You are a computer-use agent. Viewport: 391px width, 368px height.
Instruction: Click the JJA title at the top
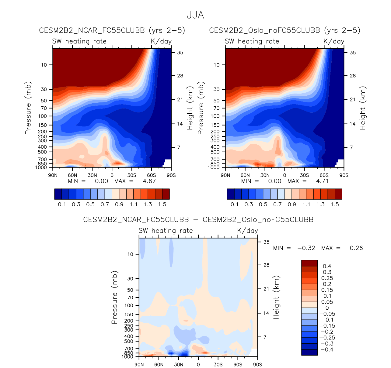tap(195, 15)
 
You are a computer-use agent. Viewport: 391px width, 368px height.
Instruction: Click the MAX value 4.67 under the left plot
tap(149, 181)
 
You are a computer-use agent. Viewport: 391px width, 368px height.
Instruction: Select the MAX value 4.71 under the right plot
tap(322, 181)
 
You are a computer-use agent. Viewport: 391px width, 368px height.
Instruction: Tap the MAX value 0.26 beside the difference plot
tap(356, 248)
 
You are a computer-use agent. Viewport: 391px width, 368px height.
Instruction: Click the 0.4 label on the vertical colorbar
tap(327, 266)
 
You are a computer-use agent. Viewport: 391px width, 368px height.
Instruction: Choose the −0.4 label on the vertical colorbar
tap(327, 349)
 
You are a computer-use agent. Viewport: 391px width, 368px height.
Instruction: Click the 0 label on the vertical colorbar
tap(327, 308)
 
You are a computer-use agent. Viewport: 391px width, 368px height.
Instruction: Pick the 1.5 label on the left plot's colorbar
tap(162, 204)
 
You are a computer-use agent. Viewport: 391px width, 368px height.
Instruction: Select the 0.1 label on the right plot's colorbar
tap(235, 204)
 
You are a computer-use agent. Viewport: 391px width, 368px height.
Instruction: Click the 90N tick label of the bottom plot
tap(139, 364)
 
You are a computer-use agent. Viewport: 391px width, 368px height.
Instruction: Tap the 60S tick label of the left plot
tap(152, 175)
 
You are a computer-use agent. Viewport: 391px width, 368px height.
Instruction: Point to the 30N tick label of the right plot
tap(265, 175)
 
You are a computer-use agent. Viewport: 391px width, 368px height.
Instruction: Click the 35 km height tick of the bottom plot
tap(266, 242)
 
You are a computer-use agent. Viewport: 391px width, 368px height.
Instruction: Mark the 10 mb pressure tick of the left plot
tap(44, 65)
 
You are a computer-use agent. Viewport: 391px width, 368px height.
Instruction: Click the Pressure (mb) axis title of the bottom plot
tap(114, 297)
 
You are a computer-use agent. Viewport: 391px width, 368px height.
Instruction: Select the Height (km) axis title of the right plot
tap(362, 108)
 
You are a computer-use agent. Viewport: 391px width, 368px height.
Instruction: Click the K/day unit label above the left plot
tap(161, 41)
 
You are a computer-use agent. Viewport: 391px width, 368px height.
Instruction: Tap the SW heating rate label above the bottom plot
tap(166, 231)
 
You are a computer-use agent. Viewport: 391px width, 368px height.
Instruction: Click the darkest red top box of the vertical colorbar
tap(309, 263)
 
